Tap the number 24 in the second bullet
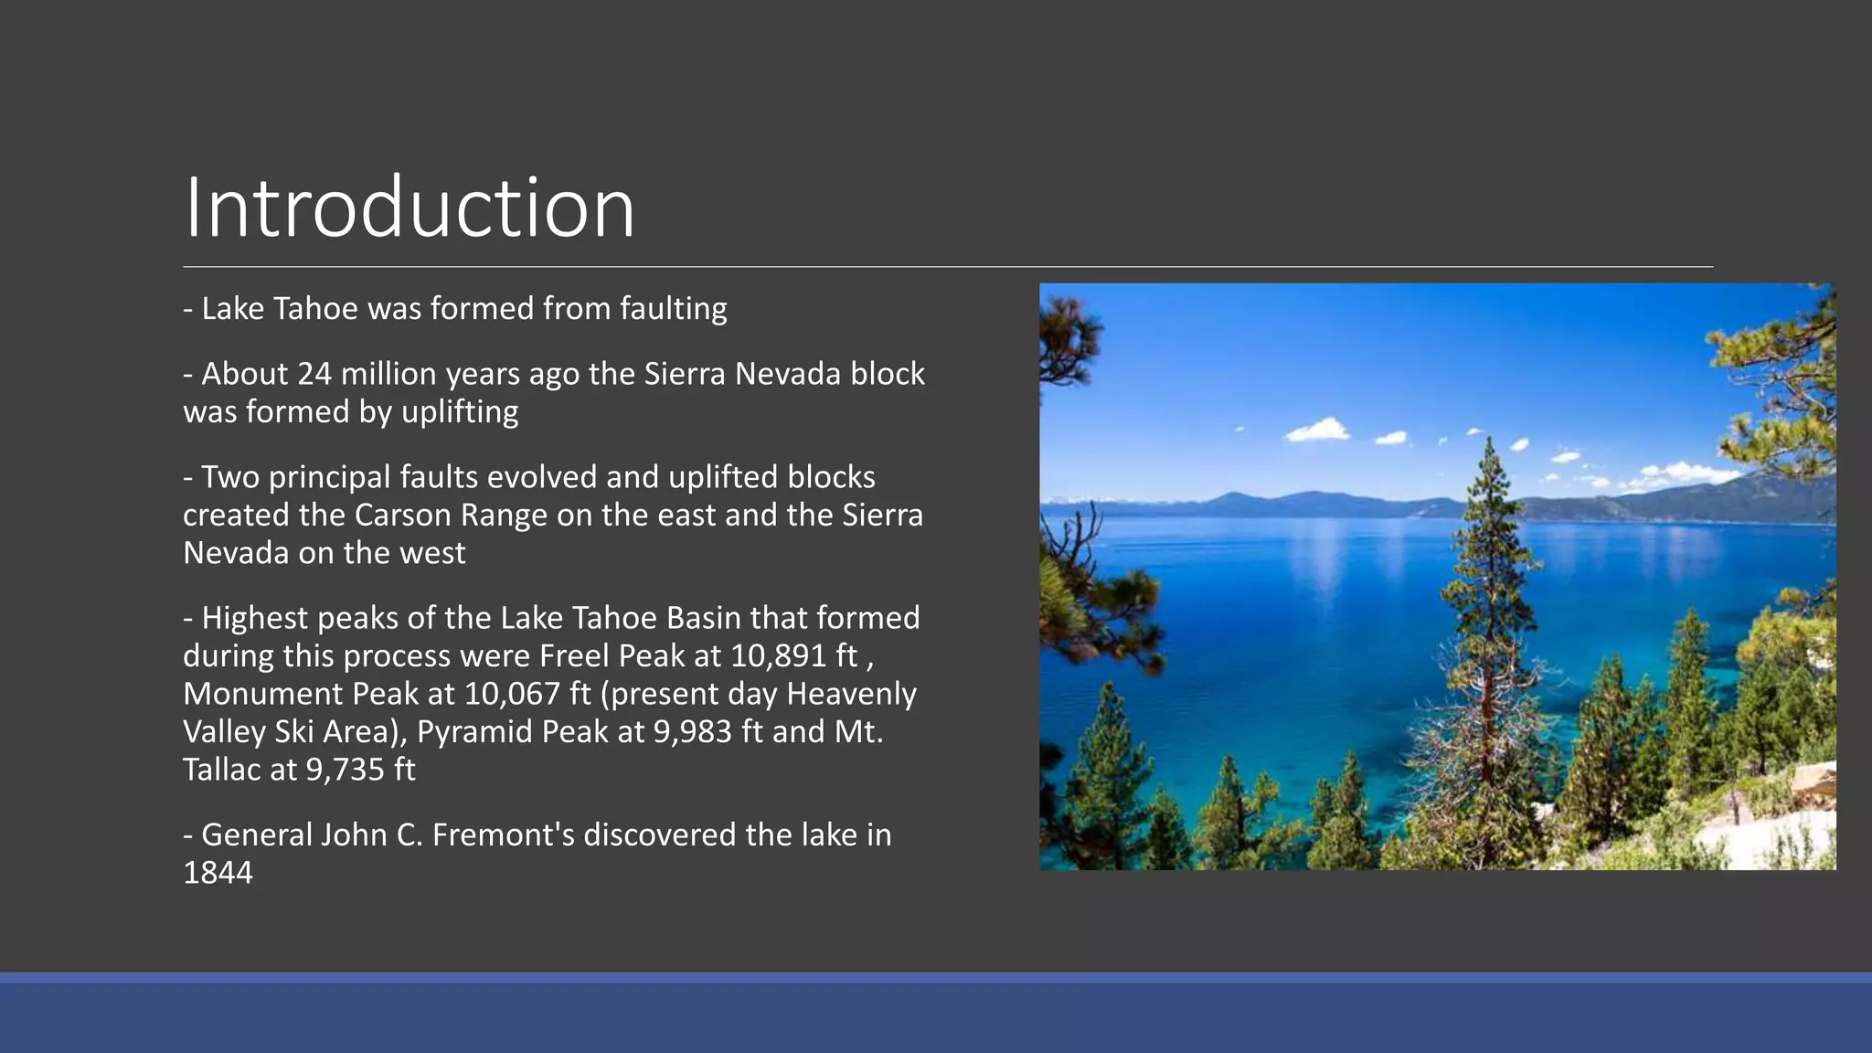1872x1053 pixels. (314, 374)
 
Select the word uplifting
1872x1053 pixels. (460, 412)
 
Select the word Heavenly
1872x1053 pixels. (851, 694)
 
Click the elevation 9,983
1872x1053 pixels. (692, 732)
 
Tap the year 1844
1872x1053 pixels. (218, 873)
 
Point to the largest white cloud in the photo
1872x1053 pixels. (1317, 429)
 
